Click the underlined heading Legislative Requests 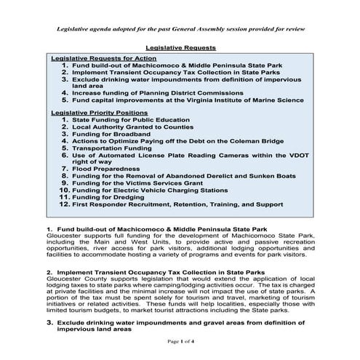[180, 47]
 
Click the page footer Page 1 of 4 [180, 340]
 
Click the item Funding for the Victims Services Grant [140, 182]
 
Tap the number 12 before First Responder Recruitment [63, 204]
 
